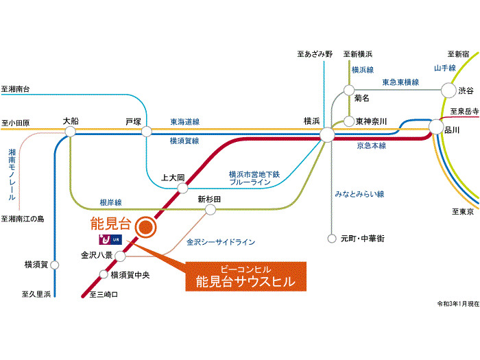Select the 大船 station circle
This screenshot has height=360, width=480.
tap(70, 132)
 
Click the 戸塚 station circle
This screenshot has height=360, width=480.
tap(146, 132)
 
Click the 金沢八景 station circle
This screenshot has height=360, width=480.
tap(121, 256)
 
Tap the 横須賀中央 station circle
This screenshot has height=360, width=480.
tap(104, 275)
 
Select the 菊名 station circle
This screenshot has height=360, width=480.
tap(349, 90)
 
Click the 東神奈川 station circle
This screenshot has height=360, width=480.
tap(349, 121)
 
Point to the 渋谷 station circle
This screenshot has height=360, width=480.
tap(448, 90)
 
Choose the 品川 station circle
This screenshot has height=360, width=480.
tap(435, 127)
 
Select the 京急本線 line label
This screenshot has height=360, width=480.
tap(371, 146)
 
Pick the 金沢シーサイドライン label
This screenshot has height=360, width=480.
tap(221, 242)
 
